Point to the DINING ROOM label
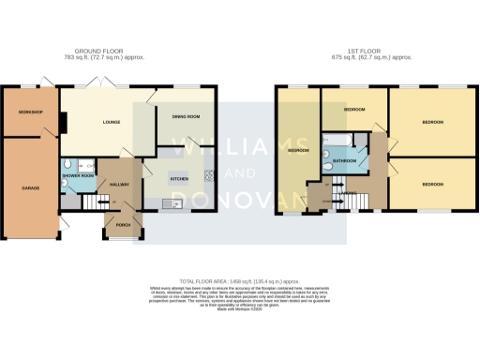[x=187, y=116]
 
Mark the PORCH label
[x=123, y=226]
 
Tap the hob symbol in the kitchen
[x=211, y=173]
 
